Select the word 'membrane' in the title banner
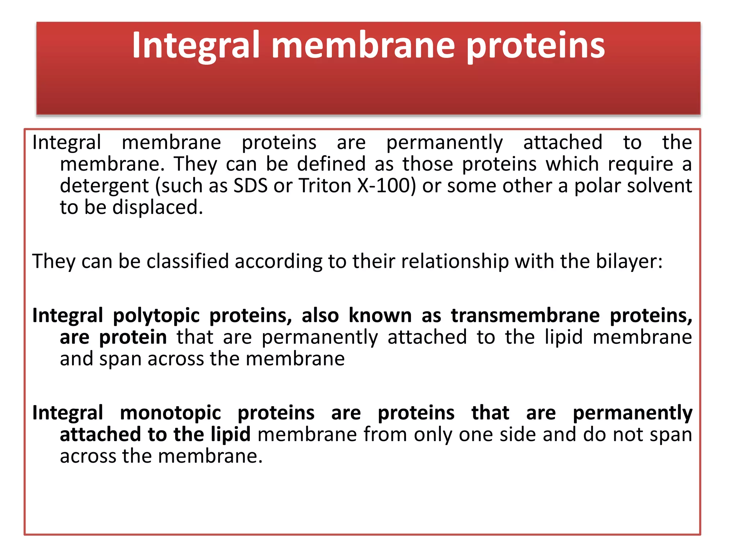click(x=363, y=45)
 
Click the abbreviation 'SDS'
click(x=250, y=186)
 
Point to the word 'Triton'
click(x=325, y=186)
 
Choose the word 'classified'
click(x=187, y=261)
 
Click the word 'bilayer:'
click(x=629, y=262)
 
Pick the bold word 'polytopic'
click(x=156, y=316)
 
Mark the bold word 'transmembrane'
click(x=525, y=315)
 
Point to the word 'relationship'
click(x=455, y=262)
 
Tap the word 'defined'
click(x=331, y=164)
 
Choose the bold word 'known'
click(x=380, y=315)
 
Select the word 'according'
click(x=278, y=262)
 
